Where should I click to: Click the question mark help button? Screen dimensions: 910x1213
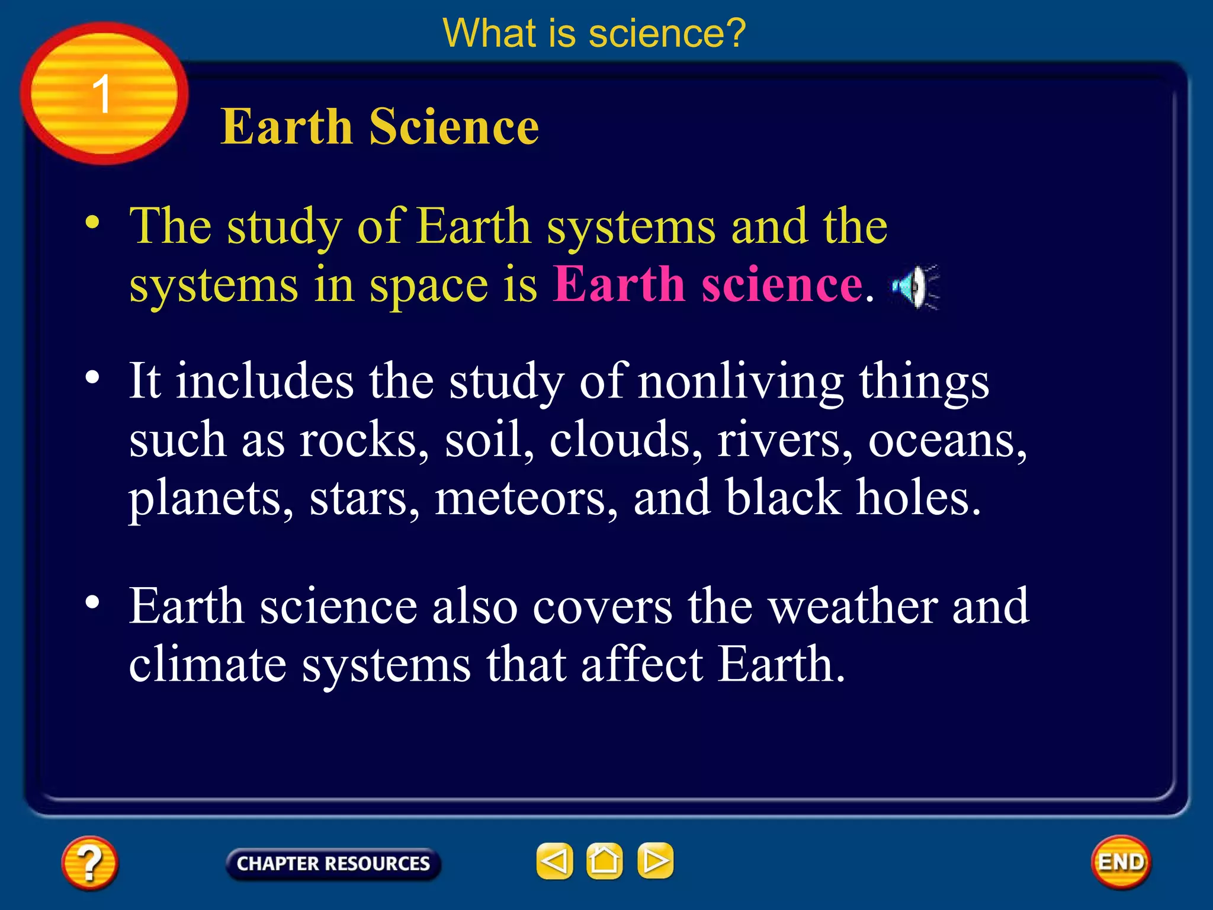(89, 863)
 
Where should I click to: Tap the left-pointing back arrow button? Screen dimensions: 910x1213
(554, 860)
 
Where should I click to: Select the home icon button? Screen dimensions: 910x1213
(604, 860)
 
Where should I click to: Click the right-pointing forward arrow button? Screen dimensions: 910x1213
(655, 860)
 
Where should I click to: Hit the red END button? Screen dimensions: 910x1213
(1121, 862)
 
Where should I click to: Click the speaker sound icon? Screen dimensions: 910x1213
(916, 287)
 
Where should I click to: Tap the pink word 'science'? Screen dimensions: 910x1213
(782, 285)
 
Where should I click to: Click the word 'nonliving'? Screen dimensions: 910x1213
(741, 382)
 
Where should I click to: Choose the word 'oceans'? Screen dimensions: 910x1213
(947, 441)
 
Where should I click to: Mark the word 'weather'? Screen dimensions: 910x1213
(852, 606)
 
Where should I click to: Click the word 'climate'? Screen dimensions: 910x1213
(207, 664)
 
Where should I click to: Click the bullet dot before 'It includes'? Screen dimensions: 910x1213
(92, 377)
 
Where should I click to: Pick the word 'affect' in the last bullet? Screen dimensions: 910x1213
(642, 664)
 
